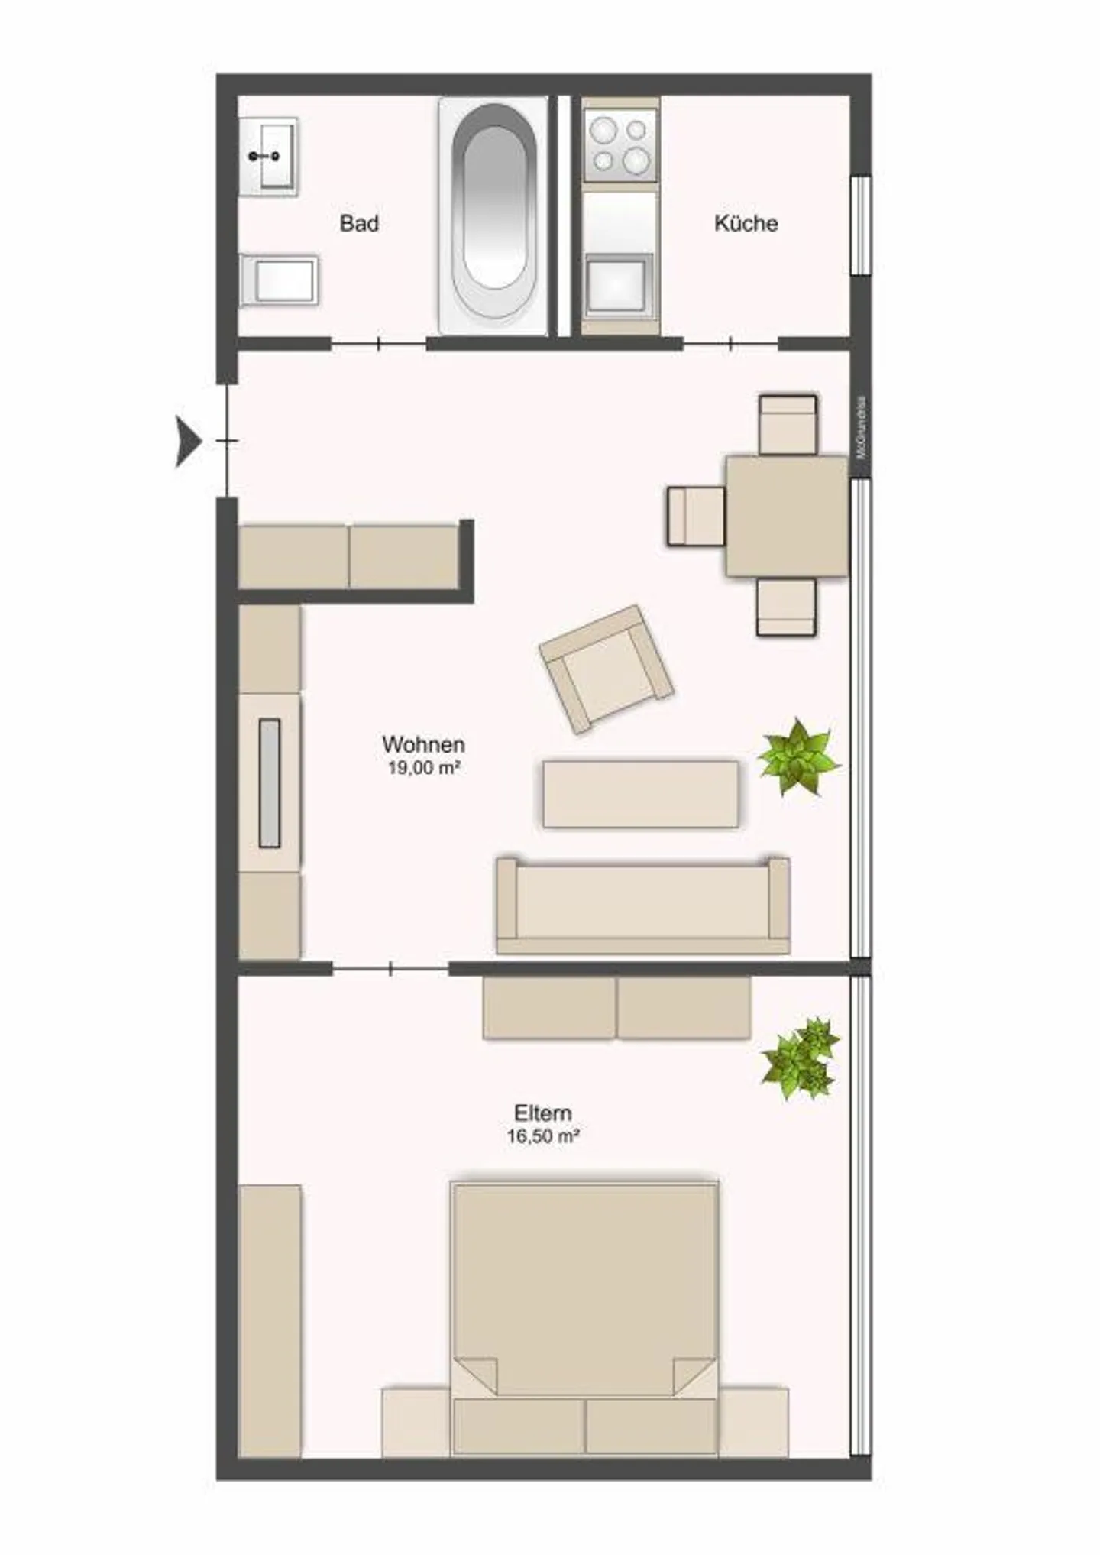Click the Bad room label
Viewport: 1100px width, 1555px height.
(x=359, y=223)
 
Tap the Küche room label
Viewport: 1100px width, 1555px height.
(x=746, y=223)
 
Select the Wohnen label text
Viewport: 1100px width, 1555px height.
(x=423, y=743)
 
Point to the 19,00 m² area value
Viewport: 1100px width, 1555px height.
(x=423, y=767)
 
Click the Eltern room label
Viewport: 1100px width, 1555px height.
(x=542, y=1113)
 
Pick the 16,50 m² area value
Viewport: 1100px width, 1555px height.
(x=542, y=1136)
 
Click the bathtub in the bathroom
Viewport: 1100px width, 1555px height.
(x=493, y=216)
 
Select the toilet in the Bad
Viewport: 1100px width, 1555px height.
(x=280, y=280)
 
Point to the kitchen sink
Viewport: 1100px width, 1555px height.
(x=619, y=284)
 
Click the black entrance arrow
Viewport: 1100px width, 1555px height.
(x=187, y=441)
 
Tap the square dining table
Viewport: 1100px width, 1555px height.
(x=786, y=516)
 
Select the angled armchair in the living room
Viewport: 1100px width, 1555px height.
(x=606, y=669)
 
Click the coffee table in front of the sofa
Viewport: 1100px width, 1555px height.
(x=640, y=793)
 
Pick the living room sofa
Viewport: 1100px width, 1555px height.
(x=642, y=905)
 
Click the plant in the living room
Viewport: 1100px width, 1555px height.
(x=797, y=756)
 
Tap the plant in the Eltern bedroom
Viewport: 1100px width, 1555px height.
(x=800, y=1058)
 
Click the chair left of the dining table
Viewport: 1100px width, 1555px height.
(x=696, y=517)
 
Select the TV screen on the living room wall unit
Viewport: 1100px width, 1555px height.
(x=270, y=783)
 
